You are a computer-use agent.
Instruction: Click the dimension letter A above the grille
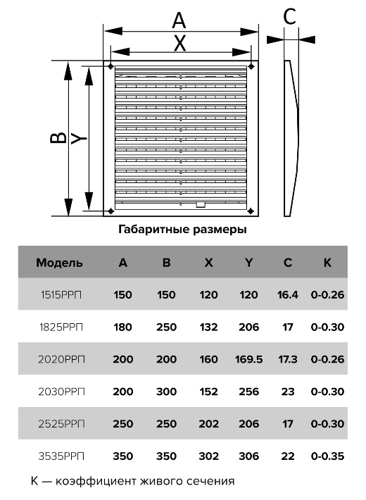(179, 20)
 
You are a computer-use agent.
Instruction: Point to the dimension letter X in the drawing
(179, 44)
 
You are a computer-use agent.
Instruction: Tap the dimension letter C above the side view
(289, 16)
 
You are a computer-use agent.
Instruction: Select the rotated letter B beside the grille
(58, 138)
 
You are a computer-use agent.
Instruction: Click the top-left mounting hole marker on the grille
(111, 66)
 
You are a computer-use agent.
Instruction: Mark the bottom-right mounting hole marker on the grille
(251, 211)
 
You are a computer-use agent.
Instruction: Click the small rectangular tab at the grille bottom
(201, 204)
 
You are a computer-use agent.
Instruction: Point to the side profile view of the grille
(291, 138)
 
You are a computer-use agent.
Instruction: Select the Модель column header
(59, 263)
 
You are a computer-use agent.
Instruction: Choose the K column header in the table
(327, 263)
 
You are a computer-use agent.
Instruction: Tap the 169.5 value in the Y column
(248, 359)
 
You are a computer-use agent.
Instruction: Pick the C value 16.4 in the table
(288, 294)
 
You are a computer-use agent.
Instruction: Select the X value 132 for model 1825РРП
(208, 327)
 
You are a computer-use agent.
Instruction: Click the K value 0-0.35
(327, 456)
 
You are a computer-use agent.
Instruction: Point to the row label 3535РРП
(61, 456)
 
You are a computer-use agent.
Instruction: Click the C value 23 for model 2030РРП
(288, 392)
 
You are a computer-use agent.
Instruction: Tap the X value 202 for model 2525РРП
(208, 424)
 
